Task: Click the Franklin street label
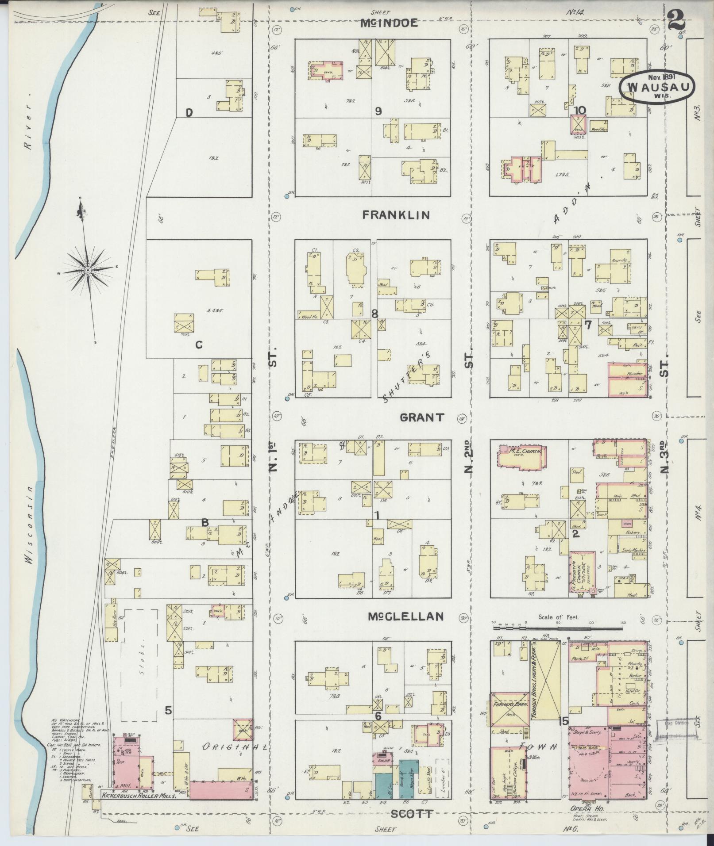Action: [x=396, y=215]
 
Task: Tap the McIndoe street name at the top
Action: [x=389, y=23]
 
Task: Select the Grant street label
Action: [x=421, y=417]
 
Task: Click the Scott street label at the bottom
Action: [x=411, y=813]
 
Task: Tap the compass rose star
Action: [x=88, y=270]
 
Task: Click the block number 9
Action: [x=378, y=111]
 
